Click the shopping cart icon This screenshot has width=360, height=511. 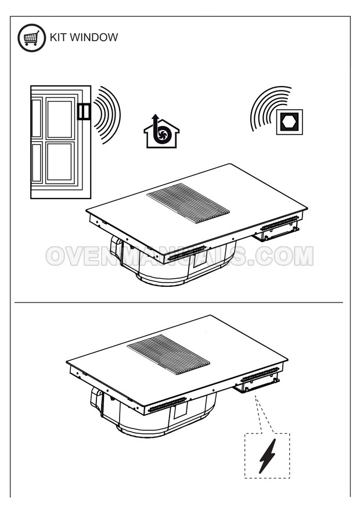pos(31,38)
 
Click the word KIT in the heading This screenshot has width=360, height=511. pos(58,37)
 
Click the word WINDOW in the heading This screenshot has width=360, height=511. pos(94,37)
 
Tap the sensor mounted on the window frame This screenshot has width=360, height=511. pos(84,111)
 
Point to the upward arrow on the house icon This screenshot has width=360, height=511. pos(156,122)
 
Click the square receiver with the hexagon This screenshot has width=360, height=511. pos(289,122)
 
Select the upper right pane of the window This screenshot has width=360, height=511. pos(60,119)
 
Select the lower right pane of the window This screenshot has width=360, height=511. pos(60,162)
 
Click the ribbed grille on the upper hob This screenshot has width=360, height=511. pos(188,203)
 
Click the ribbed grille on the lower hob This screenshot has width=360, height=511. pos(168,355)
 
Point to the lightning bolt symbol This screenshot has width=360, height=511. pos(268,456)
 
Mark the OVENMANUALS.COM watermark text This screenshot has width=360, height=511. pos(179,256)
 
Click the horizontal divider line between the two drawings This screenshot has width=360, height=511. pos(178,303)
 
